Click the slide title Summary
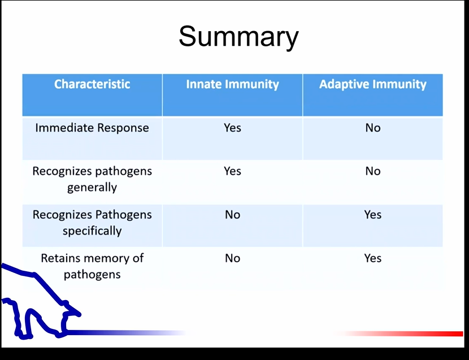pyautogui.click(x=238, y=37)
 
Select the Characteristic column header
pyautogui.click(x=92, y=84)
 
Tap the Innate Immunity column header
pyautogui.click(x=232, y=85)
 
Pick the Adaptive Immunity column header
pyautogui.click(x=372, y=85)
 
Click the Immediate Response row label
pyautogui.click(x=92, y=128)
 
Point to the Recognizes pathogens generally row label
pyautogui.click(x=92, y=179)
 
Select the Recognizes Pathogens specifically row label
pyautogui.click(x=92, y=223)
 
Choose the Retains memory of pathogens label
pyautogui.click(x=92, y=266)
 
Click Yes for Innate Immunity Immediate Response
pyautogui.click(x=232, y=128)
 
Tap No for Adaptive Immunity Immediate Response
pyautogui.click(x=372, y=128)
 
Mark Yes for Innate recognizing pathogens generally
pyautogui.click(x=232, y=171)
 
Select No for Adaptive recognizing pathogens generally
pyautogui.click(x=372, y=171)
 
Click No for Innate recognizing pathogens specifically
pyautogui.click(x=232, y=215)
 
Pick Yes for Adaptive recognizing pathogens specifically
pyautogui.click(x=372, y=215)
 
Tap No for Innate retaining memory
pyautogui.click(x=232, y=258)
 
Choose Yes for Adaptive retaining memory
pyautogui.click(x=372, y=258)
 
